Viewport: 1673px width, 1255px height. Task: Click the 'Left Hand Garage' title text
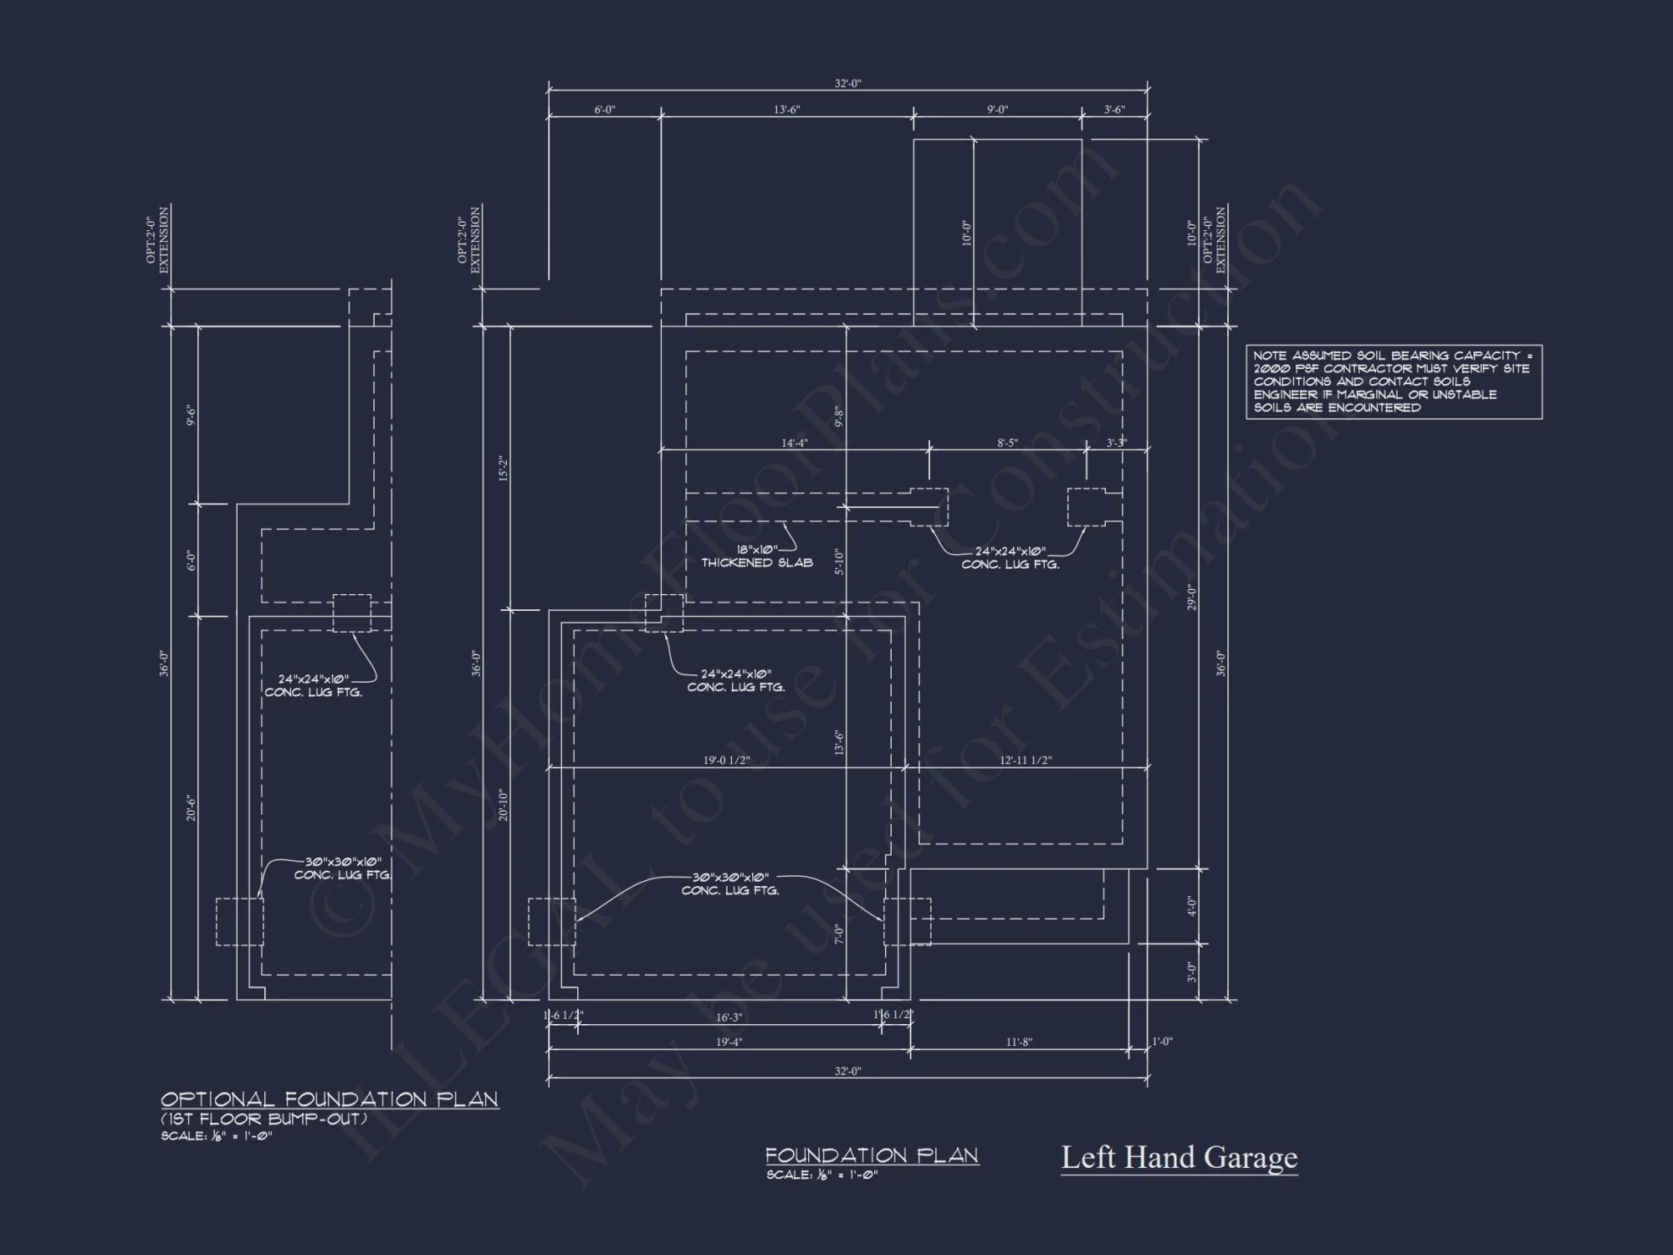tap(1179, 1158)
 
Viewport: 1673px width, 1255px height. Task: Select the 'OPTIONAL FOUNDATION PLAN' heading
tap(330, 1099)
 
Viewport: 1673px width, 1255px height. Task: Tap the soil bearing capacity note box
tap(1394, 382)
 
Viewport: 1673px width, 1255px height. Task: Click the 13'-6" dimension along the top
tap(786, 110)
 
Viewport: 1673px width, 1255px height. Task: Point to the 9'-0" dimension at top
tap(997, 110)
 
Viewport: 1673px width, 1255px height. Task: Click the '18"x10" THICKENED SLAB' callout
tap(756, 556)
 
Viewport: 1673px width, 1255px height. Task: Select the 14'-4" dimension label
tap(794, 443)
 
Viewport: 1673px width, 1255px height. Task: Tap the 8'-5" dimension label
tap(1007, 443)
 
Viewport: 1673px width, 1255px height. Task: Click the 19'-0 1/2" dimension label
tap(726, 761)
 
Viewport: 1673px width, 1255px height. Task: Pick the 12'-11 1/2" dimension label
tap(1026, 761)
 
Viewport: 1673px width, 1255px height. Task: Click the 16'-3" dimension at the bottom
tap(729, 1017)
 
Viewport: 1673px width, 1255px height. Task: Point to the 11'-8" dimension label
tap(1018, 1042)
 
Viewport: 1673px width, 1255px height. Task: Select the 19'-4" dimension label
tap(729, 1042)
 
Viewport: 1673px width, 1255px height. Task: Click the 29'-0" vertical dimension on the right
tap(1192, 597)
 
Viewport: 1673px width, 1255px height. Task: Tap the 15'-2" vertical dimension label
tap(504, 469)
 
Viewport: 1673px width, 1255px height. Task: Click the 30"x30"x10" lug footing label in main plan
tap(730, 884)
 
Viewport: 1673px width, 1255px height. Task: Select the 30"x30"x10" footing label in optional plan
tap(342, 868)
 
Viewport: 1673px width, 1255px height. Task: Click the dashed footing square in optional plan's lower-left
tap(239, 922)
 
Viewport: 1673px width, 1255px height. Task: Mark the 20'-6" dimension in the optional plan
tap(192, 808)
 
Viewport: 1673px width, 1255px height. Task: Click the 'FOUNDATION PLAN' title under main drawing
tap(872, 1155)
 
